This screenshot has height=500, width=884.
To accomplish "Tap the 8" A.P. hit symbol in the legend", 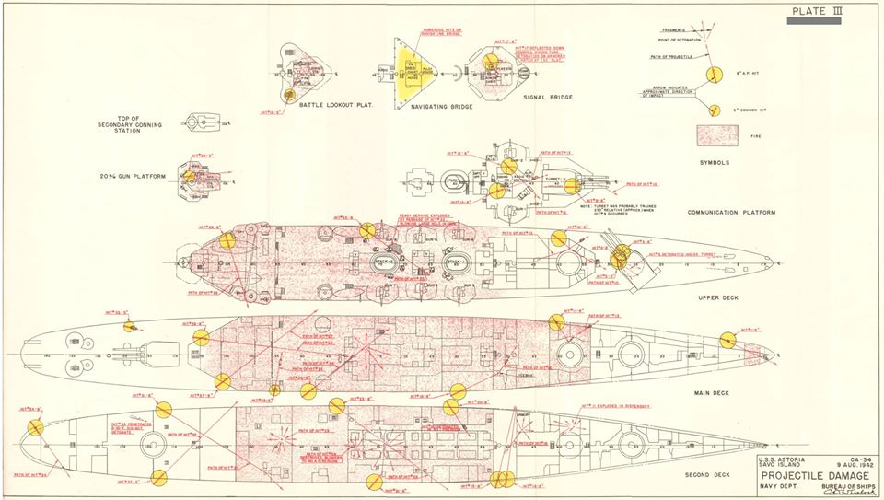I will tap(712, 75).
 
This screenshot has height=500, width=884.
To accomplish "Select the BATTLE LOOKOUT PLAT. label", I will tap(332, 105).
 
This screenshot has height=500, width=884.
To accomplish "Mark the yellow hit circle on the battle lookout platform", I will tap(289, 94).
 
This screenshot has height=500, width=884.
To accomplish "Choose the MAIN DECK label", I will tap(710, 393).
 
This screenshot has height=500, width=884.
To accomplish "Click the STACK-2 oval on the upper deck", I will tap(385, 262).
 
